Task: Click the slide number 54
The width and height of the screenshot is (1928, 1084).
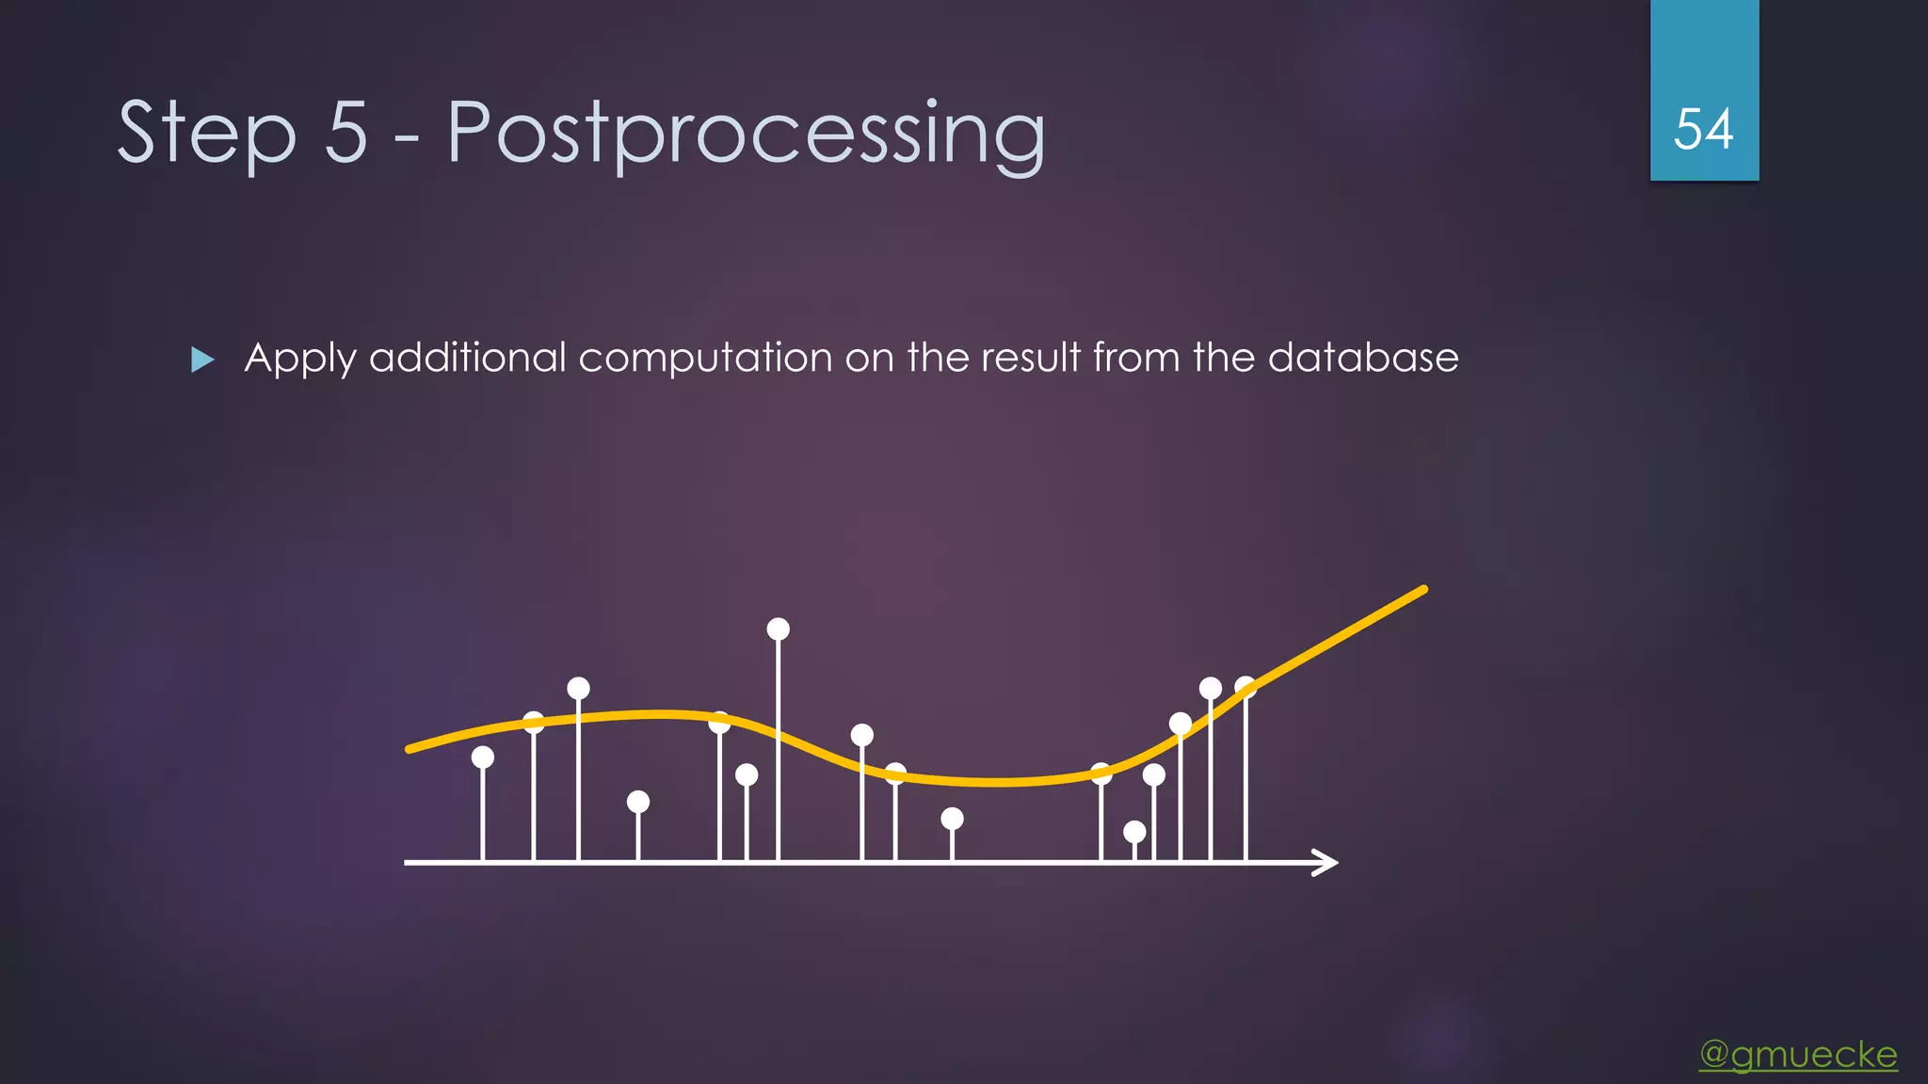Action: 1703,130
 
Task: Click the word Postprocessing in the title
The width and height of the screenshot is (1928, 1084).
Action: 746,134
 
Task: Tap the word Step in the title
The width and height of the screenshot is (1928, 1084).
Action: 206,134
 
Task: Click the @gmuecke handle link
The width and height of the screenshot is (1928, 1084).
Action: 1798,1054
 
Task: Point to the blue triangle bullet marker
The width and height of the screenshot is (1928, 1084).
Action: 201,359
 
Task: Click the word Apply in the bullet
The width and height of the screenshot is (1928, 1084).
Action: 300,359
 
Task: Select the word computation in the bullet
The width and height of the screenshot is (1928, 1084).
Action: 705,359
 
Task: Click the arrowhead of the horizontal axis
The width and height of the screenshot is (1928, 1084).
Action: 1327,862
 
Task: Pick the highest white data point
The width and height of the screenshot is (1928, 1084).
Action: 778,629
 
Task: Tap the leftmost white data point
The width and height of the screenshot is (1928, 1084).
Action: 483,757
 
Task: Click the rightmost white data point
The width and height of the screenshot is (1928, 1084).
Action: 1245,687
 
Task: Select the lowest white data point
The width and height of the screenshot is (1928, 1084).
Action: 1134,832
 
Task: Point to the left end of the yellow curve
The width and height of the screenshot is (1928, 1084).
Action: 410,749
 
